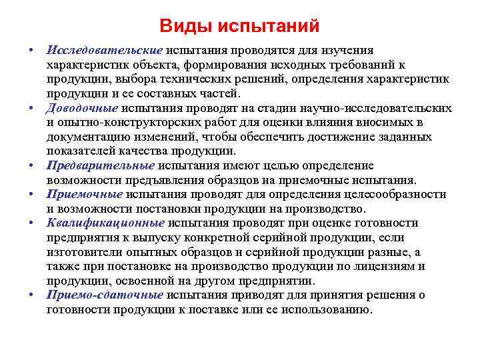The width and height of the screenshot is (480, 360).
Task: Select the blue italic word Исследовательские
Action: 105,50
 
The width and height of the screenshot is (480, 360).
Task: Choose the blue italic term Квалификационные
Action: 106,223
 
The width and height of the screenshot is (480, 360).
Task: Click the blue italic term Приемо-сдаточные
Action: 105,295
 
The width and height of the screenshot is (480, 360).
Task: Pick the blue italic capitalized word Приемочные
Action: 85,194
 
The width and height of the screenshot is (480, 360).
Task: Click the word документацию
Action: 91,137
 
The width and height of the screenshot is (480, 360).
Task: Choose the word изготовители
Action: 86,251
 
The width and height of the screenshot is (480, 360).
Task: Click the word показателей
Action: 81,151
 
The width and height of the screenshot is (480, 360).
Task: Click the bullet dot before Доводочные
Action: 31,108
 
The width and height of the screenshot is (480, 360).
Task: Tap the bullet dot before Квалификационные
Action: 31,223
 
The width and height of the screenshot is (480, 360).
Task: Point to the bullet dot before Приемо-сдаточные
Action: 31,295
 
